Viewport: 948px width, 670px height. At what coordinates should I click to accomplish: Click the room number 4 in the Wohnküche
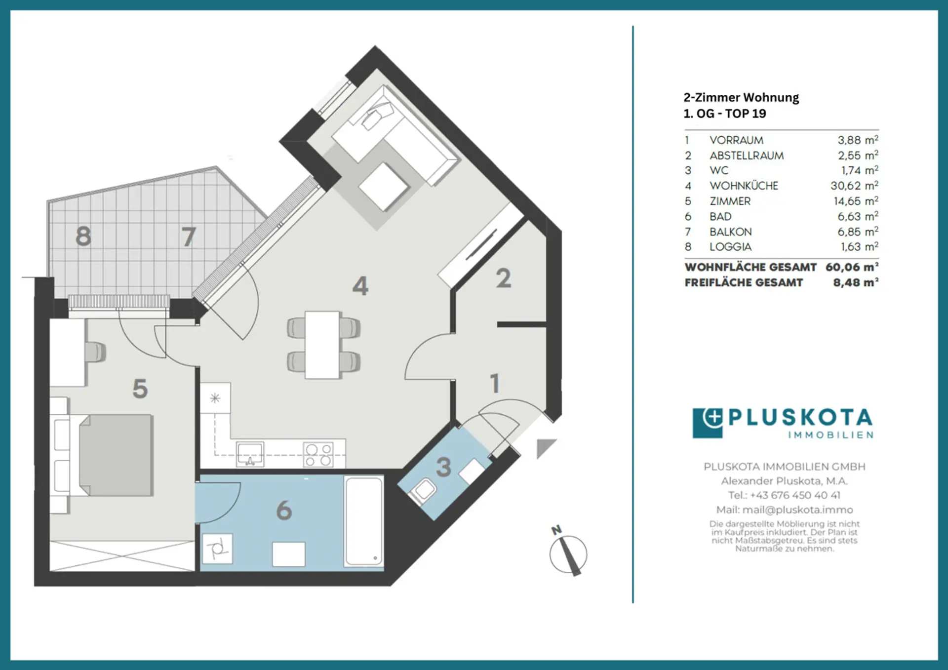coord(360,286)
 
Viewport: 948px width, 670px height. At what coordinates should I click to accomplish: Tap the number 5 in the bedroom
coord(140,389)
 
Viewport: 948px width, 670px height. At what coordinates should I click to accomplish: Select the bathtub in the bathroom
coord(364,520)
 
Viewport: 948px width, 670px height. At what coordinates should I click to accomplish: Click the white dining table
coord(322,345)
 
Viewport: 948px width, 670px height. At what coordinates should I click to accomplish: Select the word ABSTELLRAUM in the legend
coord(747,156)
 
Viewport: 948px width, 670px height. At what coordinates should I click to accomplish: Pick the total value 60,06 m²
coord(852,267)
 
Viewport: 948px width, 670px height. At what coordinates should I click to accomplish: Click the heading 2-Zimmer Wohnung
coord(741,97)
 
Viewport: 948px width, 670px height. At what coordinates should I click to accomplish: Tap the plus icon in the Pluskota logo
coord(712,418)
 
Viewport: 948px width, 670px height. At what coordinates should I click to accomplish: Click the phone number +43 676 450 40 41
coord(795,495)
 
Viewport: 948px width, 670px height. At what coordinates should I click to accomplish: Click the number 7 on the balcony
coord(188,236)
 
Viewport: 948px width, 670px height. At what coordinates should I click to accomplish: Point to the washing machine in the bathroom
coord(218,549)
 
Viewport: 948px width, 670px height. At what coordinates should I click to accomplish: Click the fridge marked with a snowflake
coord(215,398)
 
